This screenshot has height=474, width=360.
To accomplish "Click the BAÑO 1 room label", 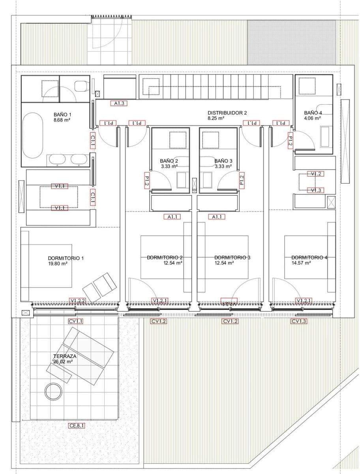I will coord(62,114).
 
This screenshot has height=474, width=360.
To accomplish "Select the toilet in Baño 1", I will coord(81,85).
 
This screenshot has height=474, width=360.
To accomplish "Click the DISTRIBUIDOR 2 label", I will coord(227,113).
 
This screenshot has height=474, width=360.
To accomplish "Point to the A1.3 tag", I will coord(119,103).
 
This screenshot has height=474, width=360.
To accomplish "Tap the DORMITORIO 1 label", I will coord(66,258).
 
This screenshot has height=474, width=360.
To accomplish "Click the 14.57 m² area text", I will coord(301,263).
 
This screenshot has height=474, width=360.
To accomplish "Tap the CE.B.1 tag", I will coord(77,426).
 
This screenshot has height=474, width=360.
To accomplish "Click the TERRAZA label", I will coord(65,356).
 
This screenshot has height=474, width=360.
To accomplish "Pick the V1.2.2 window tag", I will coord(78,301).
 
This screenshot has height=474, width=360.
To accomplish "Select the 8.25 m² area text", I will coord(216,118).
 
